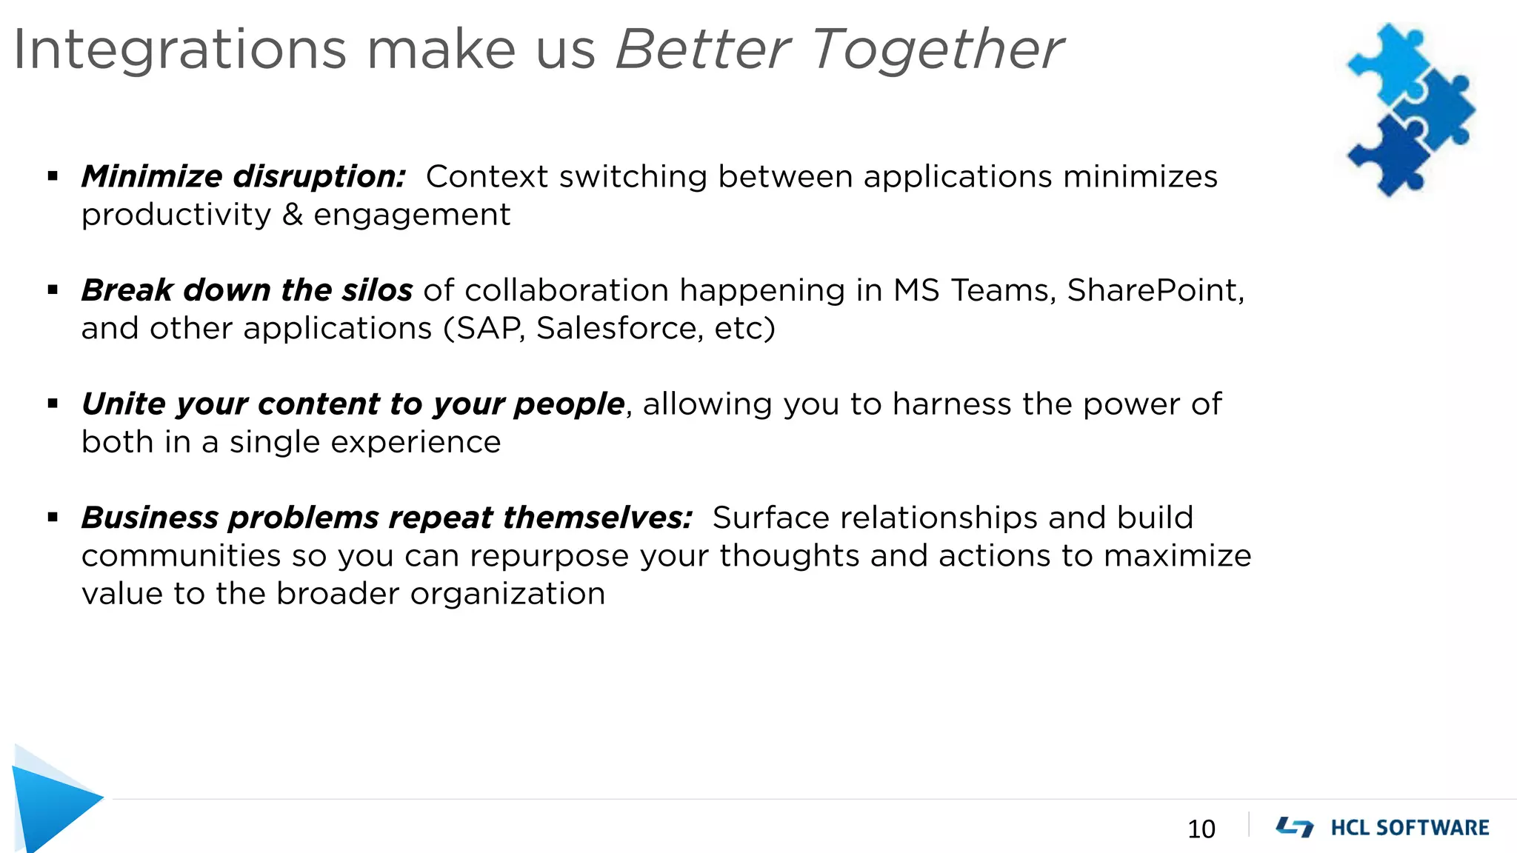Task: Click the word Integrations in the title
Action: (180, 50)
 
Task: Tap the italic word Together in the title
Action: (938, 50)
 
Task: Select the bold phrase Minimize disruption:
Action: (244, 176)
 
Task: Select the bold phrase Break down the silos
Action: (247, 290)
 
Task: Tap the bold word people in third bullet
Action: (569, 404)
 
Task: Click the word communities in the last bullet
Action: (181, 555)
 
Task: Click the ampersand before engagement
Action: (293, 215)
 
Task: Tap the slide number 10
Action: (1201, 829)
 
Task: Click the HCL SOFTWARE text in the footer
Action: (1410, 827)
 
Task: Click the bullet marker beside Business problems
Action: (53, 518)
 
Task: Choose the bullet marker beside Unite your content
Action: (53, 404)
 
